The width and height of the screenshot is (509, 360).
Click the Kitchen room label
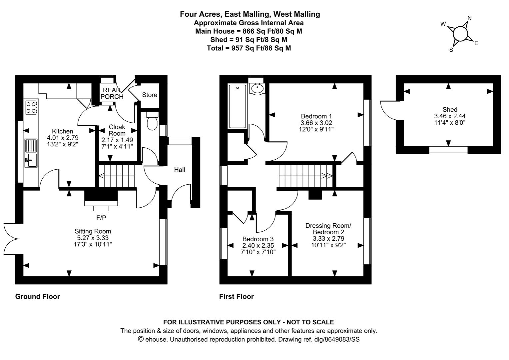coord(62,131)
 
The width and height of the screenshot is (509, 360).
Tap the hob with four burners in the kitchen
coord(31,107)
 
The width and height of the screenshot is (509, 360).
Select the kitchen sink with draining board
coord(32,153)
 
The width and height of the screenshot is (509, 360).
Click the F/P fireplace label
coord(101,218)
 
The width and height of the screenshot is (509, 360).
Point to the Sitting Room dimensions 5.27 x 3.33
coord(93,238)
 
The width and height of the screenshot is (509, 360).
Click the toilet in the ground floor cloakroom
coord(152,122)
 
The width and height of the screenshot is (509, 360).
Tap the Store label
coord(150,95)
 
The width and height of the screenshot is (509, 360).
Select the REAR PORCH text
coord(112,93)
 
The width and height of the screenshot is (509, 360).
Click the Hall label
coord(180,170)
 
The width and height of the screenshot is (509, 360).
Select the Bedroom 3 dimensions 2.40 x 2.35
coord(258,245)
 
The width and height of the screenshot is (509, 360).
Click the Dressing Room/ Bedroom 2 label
coord(328,229)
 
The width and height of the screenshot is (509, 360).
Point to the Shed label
coord(450,110)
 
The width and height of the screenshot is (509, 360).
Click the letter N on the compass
coord(470,18)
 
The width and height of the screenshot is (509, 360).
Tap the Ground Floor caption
coord(38,297)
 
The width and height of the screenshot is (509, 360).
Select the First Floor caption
coord(237,297)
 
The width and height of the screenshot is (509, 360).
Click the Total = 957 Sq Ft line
coord(249,48)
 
